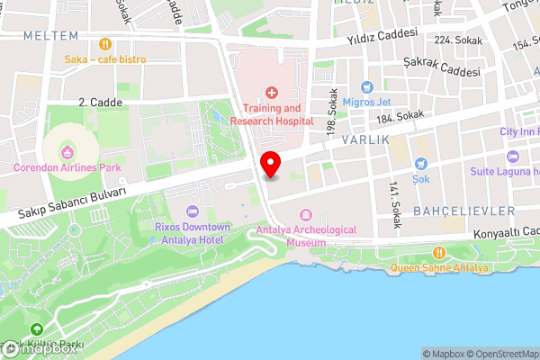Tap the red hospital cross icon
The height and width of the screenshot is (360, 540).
click(x=272, y=92)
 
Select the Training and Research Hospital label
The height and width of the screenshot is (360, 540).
click(x=272, y=114)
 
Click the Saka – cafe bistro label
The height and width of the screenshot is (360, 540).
click(x=105, y=59)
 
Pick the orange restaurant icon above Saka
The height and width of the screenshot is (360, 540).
click(x=105, y=42)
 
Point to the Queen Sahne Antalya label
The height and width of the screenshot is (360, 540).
click(x=440, y=268)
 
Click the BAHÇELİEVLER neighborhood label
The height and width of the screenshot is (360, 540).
click(x=464, y=211)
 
